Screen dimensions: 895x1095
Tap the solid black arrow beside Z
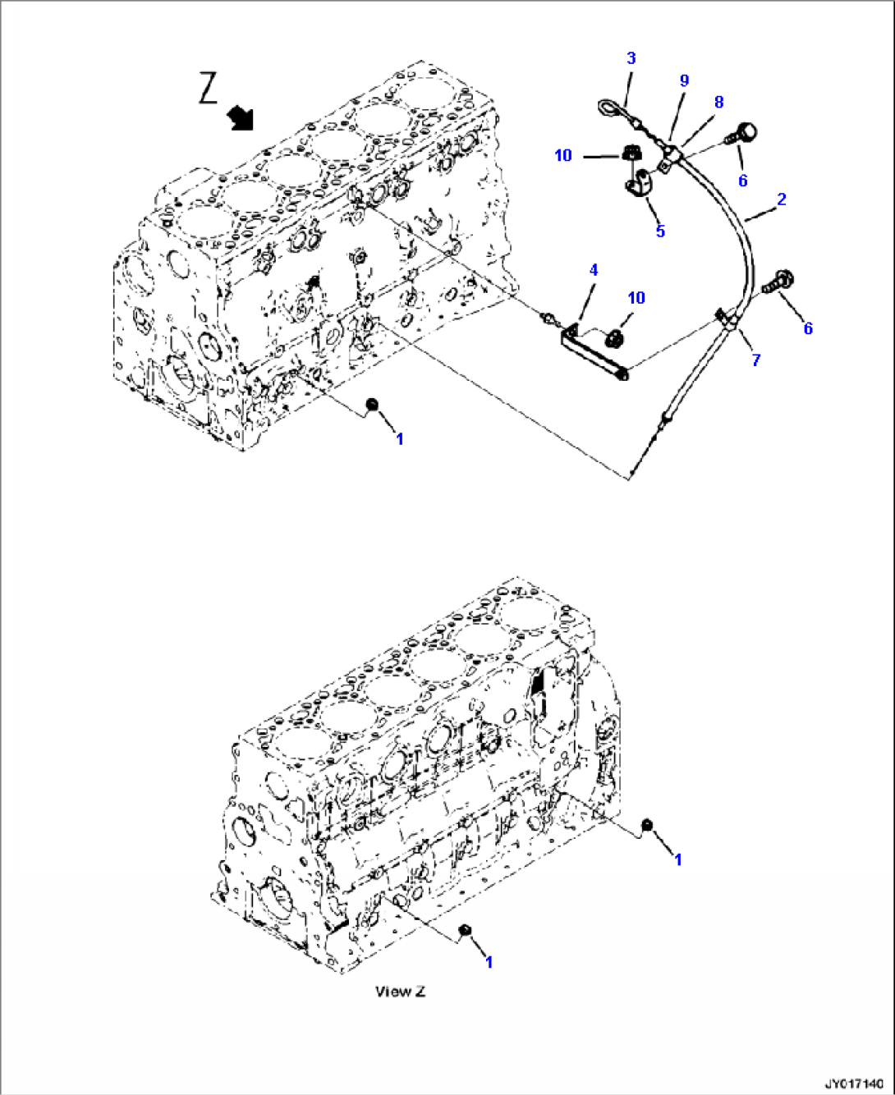[241, 117]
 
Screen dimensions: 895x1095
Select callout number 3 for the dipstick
[631, 57]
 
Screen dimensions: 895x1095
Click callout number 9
[684, 80]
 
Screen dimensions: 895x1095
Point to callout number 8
[718, 102]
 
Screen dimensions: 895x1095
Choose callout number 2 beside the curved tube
[781, 199]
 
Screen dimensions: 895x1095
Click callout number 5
[660, 231]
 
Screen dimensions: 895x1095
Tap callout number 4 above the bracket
[593, 269]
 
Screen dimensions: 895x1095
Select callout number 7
[756, 360]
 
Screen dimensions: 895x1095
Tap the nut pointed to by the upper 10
[630, 153]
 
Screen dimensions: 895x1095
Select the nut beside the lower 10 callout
[617, 337]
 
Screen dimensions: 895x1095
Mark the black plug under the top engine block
[371, 404]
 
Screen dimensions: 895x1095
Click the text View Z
[401, 991]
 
